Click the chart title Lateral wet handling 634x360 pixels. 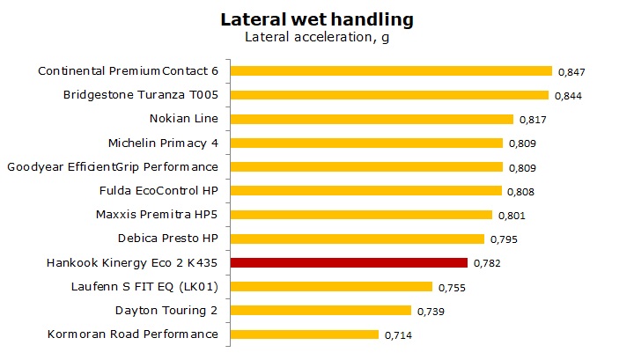(317, 18)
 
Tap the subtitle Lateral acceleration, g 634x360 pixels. (317, 37)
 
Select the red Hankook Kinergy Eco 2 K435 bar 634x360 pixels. (349, 262)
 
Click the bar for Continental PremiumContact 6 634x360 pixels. (391, 71)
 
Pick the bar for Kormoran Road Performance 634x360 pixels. (305, 334)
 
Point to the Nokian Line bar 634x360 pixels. (372, 119)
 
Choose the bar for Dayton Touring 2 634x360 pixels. (321, 310)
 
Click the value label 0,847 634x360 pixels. (571, 72)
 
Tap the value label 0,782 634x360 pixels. (487, 263)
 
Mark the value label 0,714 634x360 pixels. (398, 335)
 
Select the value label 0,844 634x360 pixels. (568, 96)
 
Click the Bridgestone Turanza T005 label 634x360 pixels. (140, 95)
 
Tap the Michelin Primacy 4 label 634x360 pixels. (162, 143)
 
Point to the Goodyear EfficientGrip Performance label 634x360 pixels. (112, 166)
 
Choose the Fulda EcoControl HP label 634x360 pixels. (158, 190)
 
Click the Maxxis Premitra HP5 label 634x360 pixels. (156, 214)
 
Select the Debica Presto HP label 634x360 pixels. (167, 239)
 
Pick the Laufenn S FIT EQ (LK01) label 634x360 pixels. (144, 286)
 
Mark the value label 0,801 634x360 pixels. (512, 216)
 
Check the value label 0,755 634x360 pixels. (452, 287)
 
